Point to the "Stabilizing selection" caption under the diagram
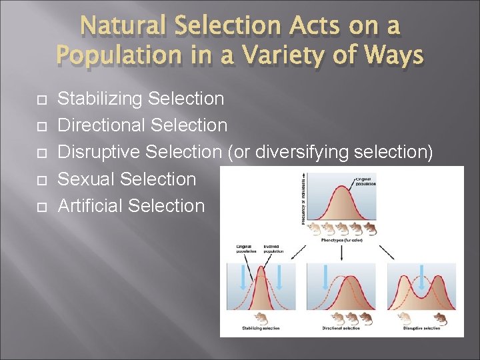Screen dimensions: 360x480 coord(261,328)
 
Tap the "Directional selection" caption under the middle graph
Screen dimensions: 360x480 coord(341,328)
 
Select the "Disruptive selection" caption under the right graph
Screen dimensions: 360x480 coord(421,328)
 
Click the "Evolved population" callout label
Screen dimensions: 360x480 coord(273,249)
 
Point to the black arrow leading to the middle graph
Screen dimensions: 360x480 coord(341,251)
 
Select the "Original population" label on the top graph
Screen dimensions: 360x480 coord(365,179)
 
